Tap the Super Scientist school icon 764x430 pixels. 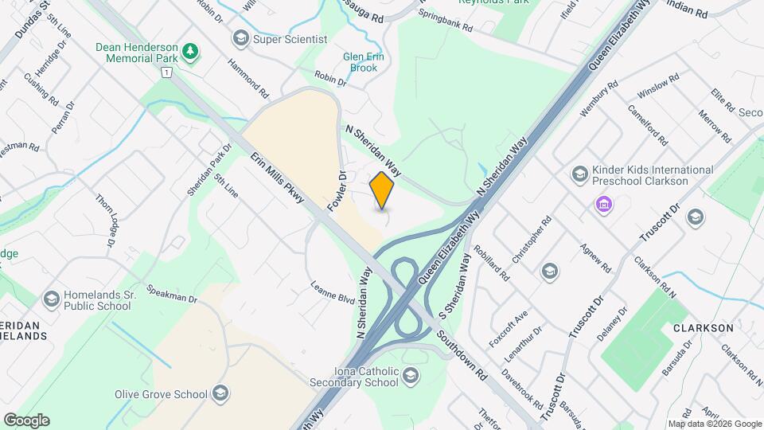click(240, 38)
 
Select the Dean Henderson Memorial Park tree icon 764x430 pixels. click(190, 53)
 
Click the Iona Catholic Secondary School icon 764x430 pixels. click(411, 375)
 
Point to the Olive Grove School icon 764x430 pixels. click(220, 394)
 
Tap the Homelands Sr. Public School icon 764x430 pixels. click(52, 299)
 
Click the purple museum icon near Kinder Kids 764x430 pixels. click(604, 205)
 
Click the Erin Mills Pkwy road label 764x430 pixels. click(278, 178)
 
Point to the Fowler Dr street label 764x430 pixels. click(336, 192)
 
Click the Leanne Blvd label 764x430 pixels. click(332, 293)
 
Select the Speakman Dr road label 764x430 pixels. click(171, 294)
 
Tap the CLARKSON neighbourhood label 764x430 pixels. click(702, 327)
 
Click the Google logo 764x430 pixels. click(26, 420)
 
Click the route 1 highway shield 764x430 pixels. click(166, 72)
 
